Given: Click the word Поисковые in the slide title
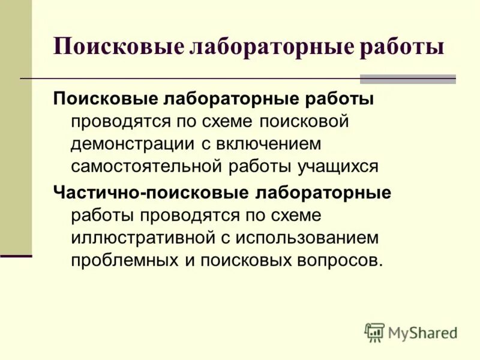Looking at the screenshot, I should (116, 47).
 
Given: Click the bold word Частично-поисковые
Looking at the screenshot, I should (149, 193).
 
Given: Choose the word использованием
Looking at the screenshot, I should (308, 238).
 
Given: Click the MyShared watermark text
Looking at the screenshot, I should (422, 332).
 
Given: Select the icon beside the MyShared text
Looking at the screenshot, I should (374, 332).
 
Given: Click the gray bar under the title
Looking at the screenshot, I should (407, 79).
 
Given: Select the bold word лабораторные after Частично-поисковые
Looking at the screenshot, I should (324, 193).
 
